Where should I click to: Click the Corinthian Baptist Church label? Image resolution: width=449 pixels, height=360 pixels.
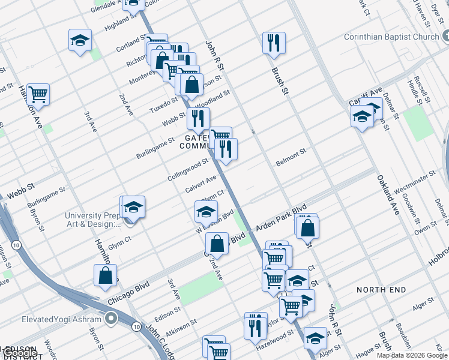[x=391, y=37]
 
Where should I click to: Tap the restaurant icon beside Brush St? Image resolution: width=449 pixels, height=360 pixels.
[x=274, y=43]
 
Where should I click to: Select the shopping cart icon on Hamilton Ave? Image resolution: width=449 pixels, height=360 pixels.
[x=38, y=94]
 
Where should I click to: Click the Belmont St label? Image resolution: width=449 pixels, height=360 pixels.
[x=291, y=158]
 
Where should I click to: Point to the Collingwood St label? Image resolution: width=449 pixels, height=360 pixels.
[x=188, y=170]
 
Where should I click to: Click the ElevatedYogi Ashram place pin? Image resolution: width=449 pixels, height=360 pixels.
[x=110, y=319]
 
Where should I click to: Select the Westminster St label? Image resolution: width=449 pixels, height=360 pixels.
[x=414, y=182]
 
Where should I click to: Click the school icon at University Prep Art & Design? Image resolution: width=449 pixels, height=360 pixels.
[x=133, y=207]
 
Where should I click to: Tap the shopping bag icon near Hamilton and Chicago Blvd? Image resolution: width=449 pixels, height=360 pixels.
[x=105, y=275]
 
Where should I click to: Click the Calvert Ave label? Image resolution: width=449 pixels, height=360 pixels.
[x=200, y=184]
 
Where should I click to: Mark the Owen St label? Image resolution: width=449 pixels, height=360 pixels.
[x=425, y=228]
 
